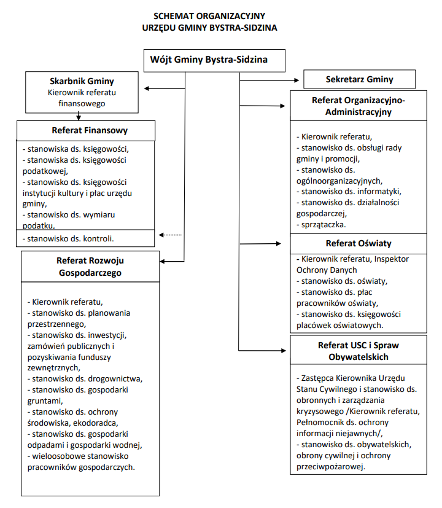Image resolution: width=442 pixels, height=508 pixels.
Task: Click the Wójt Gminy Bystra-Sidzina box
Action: (x=214, y=61)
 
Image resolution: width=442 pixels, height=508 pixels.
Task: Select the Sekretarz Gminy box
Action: (x=359, y=79)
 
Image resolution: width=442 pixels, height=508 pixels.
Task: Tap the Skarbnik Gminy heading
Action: (x=82, y=81)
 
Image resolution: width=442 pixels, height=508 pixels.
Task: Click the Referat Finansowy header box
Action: (x=86, y=131)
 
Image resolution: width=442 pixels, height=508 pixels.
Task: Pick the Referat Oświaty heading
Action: (x=359, y=243)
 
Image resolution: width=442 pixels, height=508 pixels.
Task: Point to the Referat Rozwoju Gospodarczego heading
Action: (x=90, y=267)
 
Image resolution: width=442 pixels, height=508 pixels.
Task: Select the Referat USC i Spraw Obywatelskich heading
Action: (x=359, y=351)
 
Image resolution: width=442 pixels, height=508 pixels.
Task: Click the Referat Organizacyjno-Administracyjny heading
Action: (x=359, y=106)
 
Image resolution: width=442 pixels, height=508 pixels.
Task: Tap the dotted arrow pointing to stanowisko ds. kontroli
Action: (x=170, y=235)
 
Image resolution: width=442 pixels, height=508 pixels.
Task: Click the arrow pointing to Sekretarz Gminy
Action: (x=269, y=80)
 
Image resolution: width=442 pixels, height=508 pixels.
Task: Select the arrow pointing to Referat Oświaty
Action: (x=261, y=243)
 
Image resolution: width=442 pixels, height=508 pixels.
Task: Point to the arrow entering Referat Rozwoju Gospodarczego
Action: (x=172, y=261)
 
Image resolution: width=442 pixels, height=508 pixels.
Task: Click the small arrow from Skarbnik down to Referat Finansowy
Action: (x=79, y=116)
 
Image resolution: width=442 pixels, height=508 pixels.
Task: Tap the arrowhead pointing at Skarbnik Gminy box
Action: (x=146, y=88)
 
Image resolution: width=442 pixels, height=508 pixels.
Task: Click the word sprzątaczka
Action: (x=324, y=225)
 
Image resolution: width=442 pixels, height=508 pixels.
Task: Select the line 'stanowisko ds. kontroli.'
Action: (x=68, y=239)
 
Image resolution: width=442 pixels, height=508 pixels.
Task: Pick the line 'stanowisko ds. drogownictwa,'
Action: (x=85, y=379)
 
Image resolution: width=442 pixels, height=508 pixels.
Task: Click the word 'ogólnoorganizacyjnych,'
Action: (x=339, y=181)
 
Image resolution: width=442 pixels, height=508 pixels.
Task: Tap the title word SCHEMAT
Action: (x=174, y=16)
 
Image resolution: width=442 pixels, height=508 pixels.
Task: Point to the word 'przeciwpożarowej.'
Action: (x=331, y=467)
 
